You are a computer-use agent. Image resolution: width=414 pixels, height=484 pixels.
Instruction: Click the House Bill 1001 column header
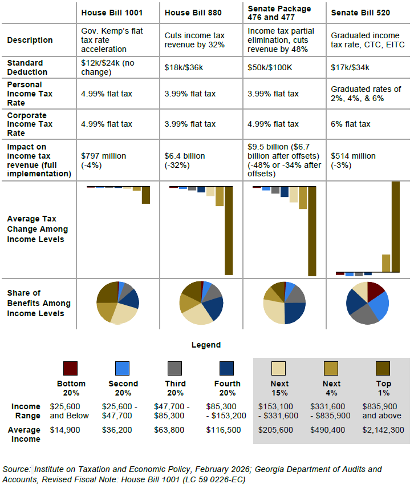click(x=112, y=12)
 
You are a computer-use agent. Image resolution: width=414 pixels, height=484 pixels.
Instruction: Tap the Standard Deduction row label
click(x=26, y=67)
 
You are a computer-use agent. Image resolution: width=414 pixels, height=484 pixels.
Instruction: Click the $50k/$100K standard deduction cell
click(x=270, y=67)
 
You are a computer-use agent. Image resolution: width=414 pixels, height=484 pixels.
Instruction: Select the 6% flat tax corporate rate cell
click(x=351, y=124)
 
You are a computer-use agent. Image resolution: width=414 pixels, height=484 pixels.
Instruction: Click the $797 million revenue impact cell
click(x=104, y=160)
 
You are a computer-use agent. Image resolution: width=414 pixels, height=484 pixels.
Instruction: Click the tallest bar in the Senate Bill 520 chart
click(x=395, y=227)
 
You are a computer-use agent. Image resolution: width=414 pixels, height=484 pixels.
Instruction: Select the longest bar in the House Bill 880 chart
click(x=229, y=231)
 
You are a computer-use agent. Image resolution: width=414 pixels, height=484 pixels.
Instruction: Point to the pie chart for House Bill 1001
click(x=117, y=302)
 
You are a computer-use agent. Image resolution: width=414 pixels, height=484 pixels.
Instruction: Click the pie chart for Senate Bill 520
click(x=367, y=302)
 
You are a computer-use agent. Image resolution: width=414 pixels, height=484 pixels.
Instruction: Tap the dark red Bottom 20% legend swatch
click(x=70, y=368)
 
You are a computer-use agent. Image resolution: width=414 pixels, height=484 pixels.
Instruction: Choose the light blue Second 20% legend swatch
click(x=123, y=368)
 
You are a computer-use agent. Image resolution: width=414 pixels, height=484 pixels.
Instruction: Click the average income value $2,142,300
click(x=381, y=430)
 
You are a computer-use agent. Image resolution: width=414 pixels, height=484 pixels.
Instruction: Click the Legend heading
click(x=206, y=345)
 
